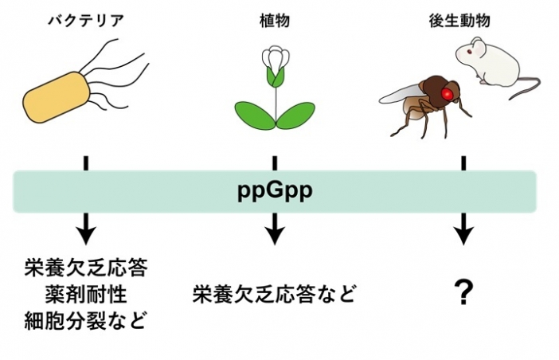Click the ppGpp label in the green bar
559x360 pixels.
275,193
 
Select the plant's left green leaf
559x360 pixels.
253,112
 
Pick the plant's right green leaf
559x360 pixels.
296,112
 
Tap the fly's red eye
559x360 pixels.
449,96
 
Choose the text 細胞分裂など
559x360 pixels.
87,322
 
